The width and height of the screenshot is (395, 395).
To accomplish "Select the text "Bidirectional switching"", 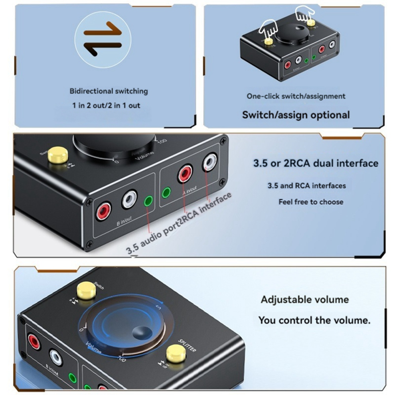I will (109, 91).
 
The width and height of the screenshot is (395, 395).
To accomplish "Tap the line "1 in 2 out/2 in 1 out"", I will (106, 105).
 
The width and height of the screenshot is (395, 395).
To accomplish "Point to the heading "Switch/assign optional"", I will (296, 115).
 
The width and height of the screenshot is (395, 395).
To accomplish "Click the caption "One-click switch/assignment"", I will (296, 96).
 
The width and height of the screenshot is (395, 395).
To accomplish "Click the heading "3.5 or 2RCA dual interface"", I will (316, 163).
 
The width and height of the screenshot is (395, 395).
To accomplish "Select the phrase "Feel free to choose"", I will (310, 202).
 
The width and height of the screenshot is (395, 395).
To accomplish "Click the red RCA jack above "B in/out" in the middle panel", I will (103, 211).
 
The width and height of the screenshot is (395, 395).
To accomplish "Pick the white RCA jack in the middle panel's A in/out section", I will (209, 163).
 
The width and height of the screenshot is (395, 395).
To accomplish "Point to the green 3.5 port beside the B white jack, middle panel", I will (148, 201).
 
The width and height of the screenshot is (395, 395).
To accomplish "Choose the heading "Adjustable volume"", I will (304, 300).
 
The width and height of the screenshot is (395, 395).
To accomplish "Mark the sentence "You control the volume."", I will (314, 320).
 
